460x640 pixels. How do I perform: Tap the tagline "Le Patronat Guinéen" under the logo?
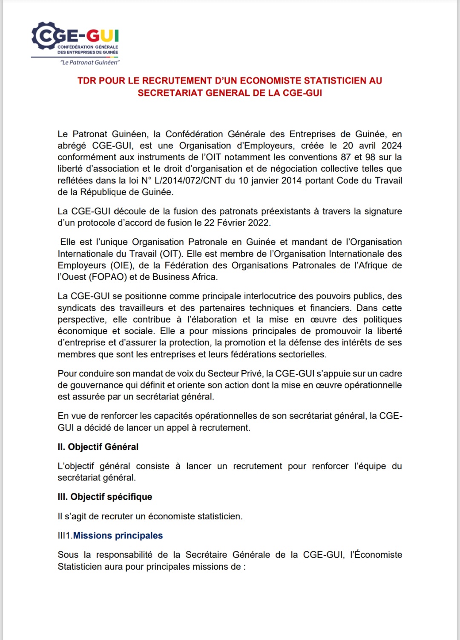pyautogui.click(x=90, y=62)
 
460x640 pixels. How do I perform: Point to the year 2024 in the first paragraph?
pyautogui.click(x=391, y=146)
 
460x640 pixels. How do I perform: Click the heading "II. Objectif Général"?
pyautogui.click(x=98, y=447)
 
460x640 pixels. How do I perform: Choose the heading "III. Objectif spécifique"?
pyautogui.click(x=105, y=497)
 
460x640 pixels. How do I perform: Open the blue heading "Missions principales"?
pyautogui.click(x=118, y=536)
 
